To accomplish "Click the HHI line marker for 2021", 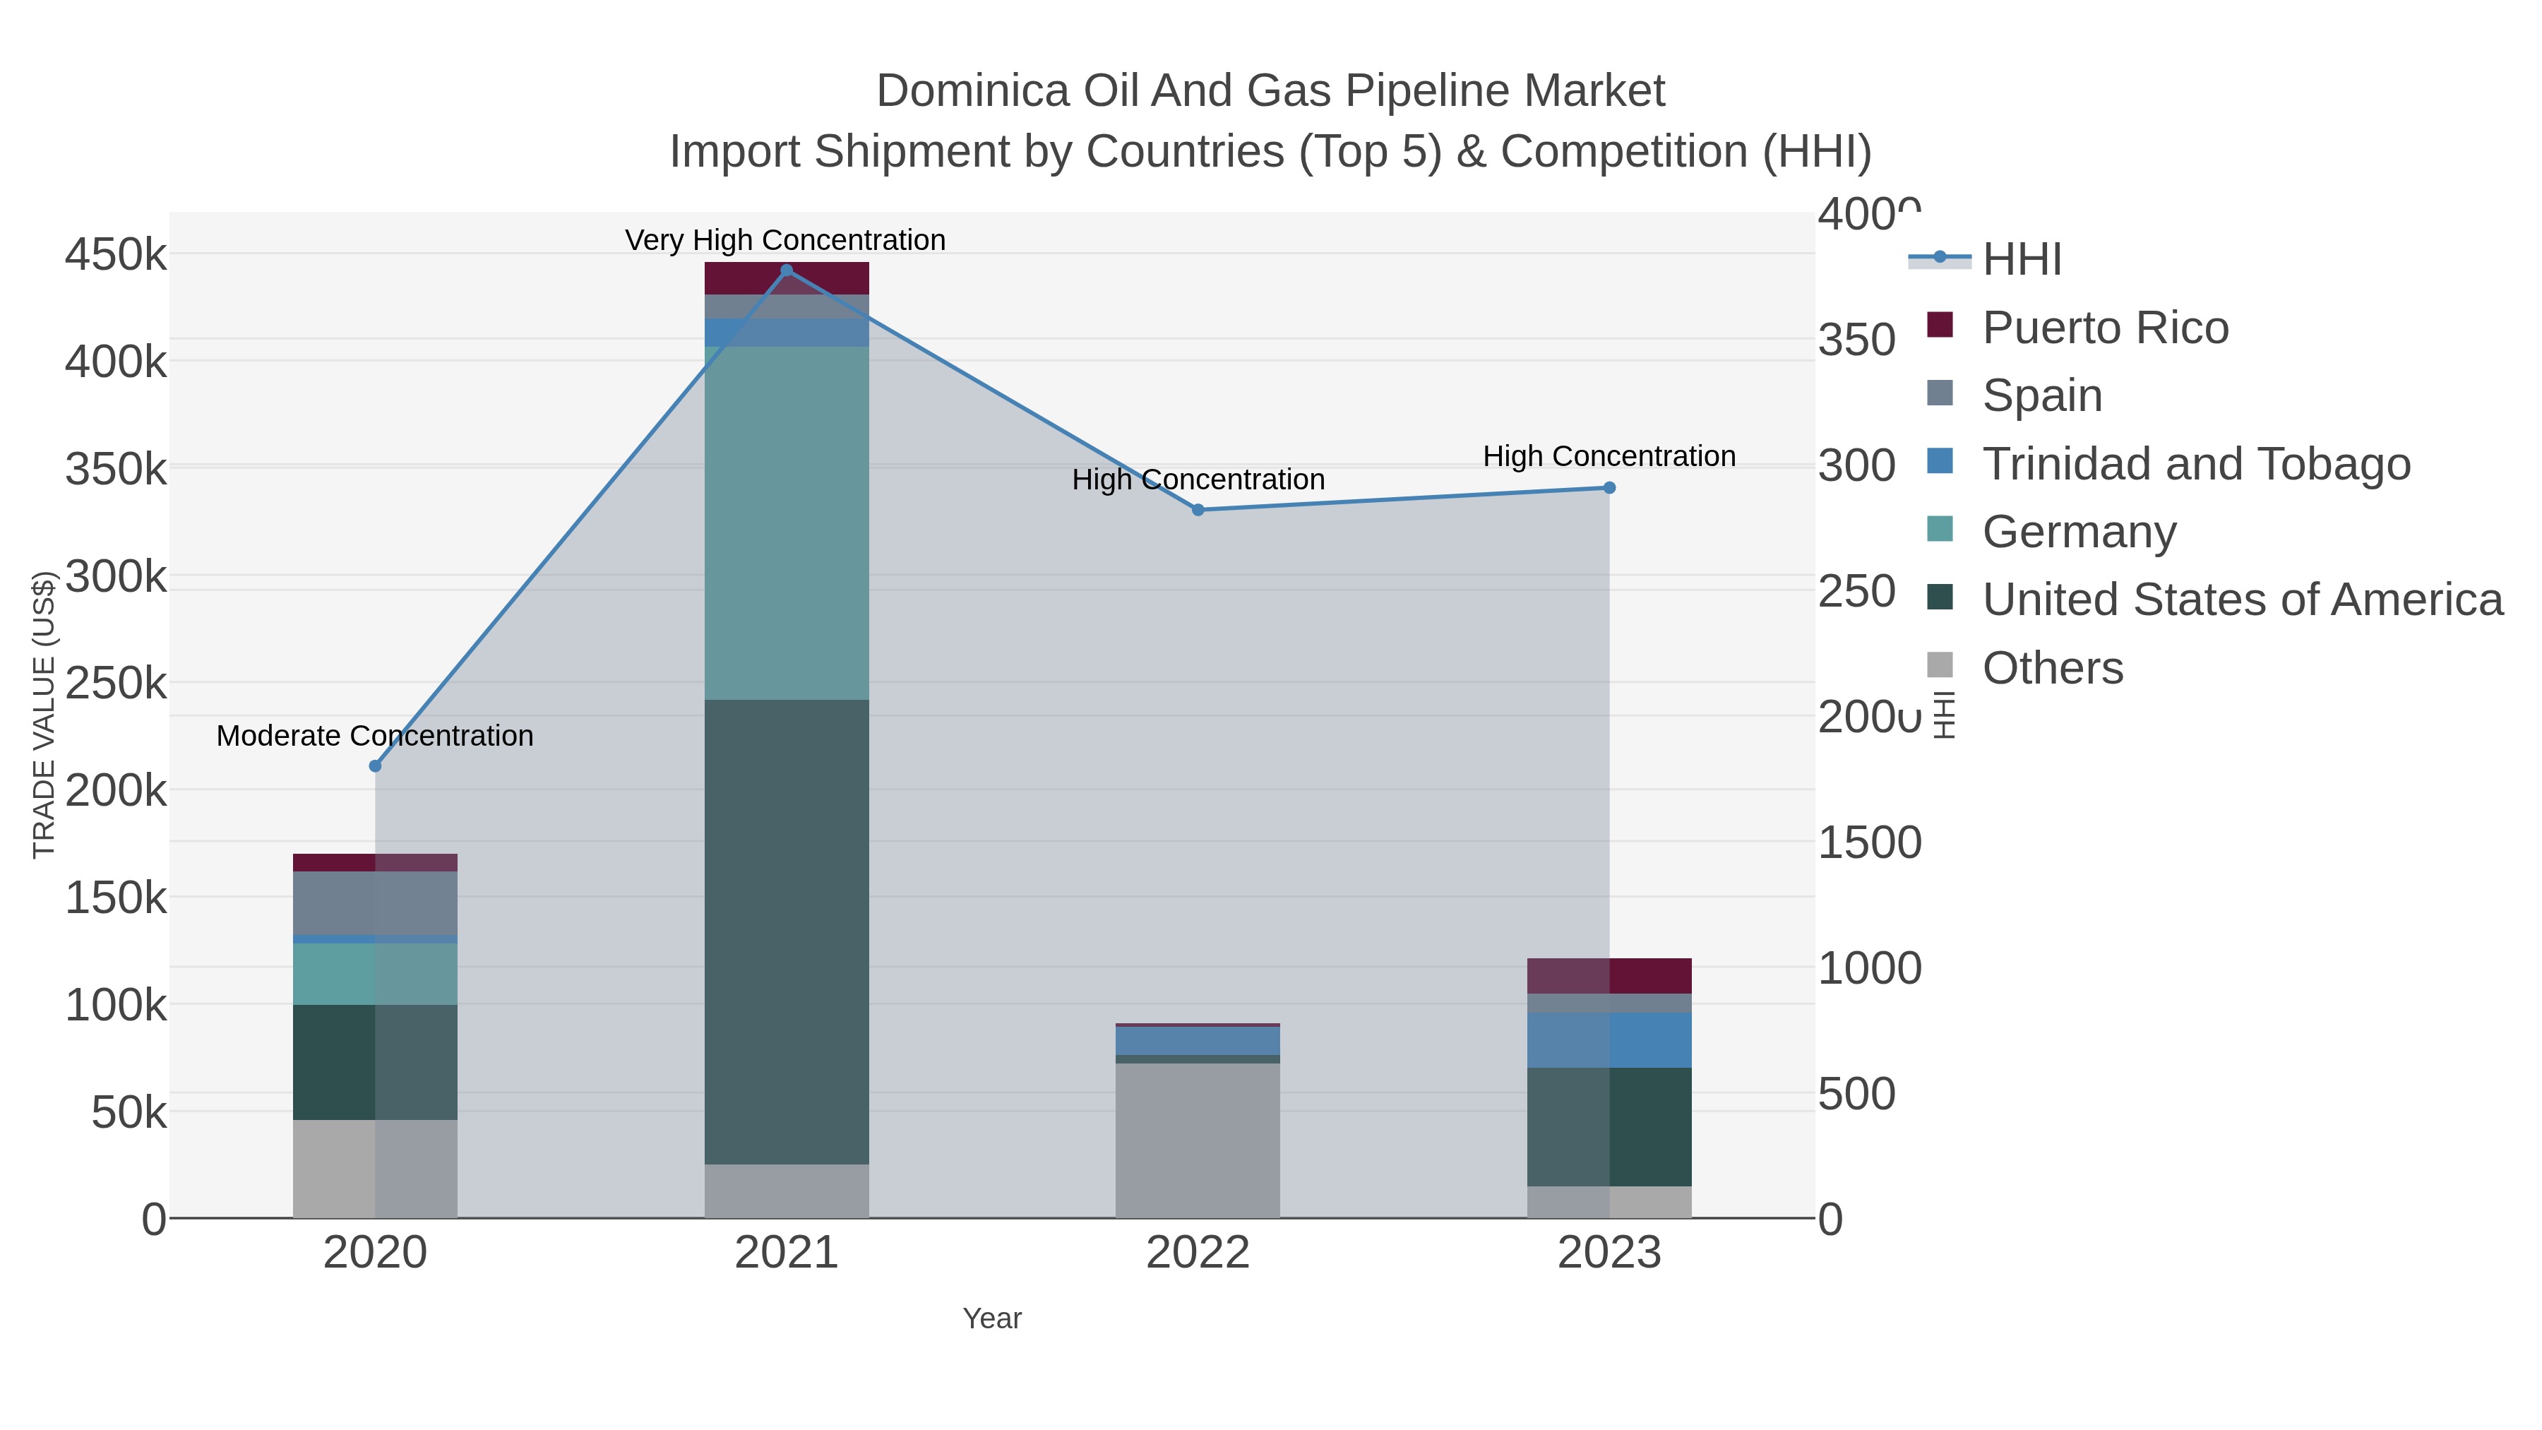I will [787, 270].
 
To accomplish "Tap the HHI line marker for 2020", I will [375, 765].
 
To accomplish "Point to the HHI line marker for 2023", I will [1609, 487].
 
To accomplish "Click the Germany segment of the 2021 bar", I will [787, 523].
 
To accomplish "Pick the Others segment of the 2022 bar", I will [1198, 1140].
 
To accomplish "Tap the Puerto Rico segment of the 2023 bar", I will [1609, 975].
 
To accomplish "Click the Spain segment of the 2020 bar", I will [375, 903].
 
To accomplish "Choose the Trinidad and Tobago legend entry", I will [2195, 464].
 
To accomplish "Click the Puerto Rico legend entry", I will [2105, 328].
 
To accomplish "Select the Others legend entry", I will [2053, 668].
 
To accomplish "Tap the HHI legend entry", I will [2021, 260].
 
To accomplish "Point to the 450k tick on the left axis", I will [117, 255].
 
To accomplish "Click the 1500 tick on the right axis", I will [1869, 842].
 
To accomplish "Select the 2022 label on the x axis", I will [1198, 1253].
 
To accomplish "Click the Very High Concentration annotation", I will [785, 240].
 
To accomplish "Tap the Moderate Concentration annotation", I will [375, 737].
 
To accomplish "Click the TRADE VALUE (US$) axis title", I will [44, 715].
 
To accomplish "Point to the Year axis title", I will [992, 1318].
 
